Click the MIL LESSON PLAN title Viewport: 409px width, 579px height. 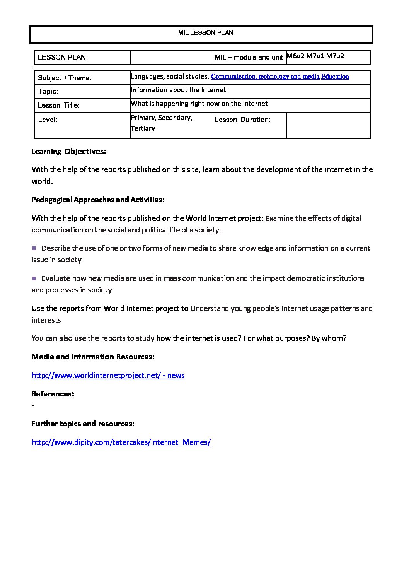(x=206, y=33)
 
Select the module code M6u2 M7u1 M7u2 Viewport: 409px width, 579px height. (x=315, y=56)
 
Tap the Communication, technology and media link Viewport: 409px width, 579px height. (x=265, y=77)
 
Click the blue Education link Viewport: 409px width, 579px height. (x=335, y=77)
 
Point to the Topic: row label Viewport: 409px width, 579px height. (x=48, y=92)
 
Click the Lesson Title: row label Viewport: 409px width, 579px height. (x=59, y=106)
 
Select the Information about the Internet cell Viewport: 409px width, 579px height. (x=179, y=90)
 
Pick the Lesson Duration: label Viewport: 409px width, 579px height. (x=242, y=120)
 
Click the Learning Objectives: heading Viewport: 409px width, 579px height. (x=69, y=152)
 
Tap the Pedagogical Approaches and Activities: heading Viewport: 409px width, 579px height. (x=98, y=200)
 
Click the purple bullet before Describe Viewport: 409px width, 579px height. (x=34, y=248)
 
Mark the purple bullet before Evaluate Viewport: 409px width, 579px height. (x=34, y=278)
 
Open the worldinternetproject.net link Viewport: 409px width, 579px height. (x=108, y=376)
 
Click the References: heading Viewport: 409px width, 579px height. (x=53, y=394)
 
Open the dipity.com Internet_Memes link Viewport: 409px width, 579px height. (x=121, y=442)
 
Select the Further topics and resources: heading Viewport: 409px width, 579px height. (x=83, y=424)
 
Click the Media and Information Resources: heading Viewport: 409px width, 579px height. (x=93, y=357)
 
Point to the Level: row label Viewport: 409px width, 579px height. (x=48, y=120)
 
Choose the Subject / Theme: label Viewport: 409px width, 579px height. (x=65, y=78)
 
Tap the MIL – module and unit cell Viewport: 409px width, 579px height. (x=249, y=58)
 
